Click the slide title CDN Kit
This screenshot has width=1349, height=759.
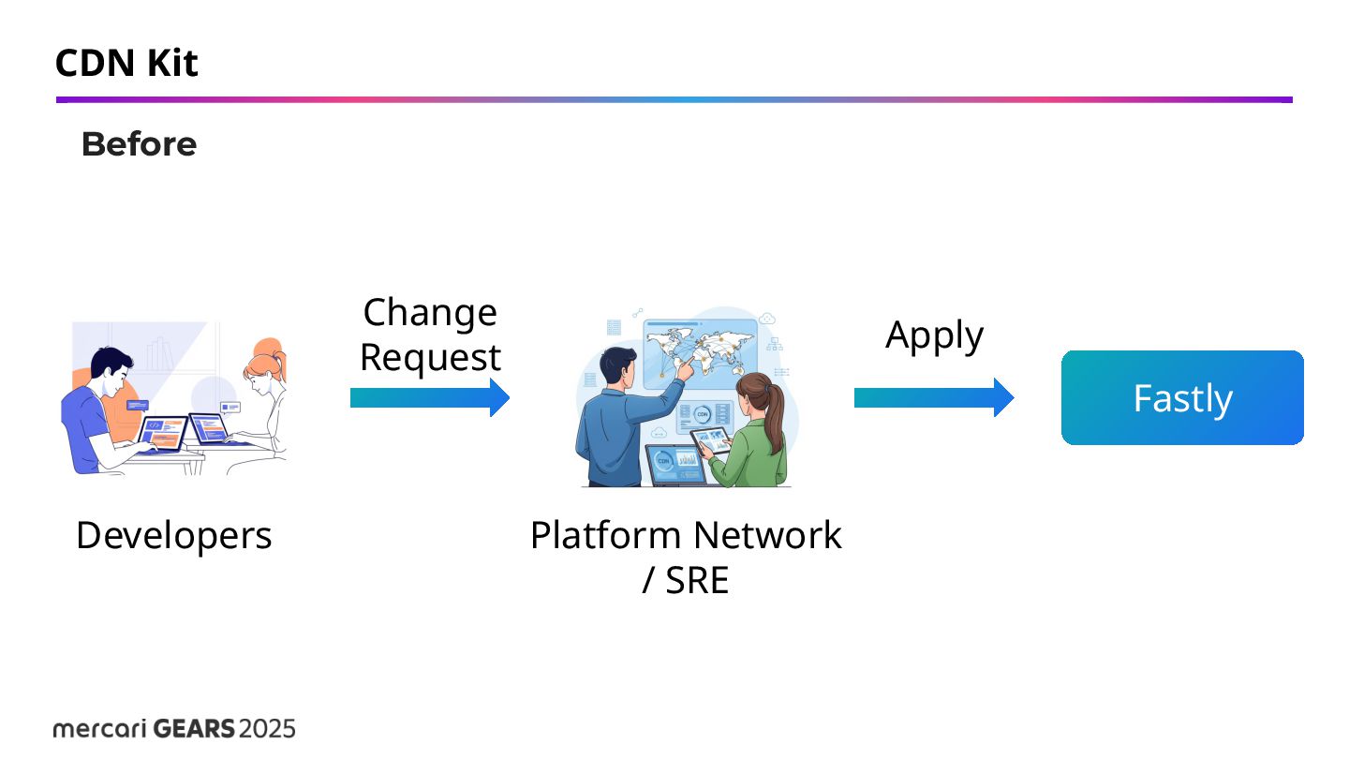126,64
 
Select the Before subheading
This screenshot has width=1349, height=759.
139,144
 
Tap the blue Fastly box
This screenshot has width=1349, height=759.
1182,397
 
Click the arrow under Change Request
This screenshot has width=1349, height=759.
430,397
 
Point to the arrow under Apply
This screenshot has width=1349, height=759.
934,397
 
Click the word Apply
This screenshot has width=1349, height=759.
934,335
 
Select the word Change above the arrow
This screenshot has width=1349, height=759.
430,312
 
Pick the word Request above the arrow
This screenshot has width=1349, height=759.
430,357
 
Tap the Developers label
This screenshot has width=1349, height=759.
174,535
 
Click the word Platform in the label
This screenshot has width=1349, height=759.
605,535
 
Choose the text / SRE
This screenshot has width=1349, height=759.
686,581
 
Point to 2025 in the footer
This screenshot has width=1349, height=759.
268,728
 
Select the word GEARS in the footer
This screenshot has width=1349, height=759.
194,728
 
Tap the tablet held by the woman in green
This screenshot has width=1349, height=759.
710,440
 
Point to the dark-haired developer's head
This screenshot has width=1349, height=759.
111,367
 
